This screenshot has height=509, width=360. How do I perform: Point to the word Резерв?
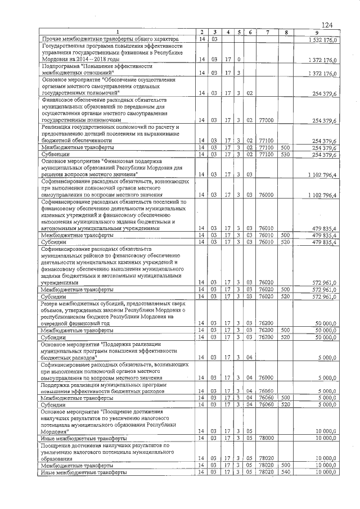point(53,303)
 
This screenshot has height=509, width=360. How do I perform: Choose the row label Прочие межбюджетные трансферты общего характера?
point(110,39)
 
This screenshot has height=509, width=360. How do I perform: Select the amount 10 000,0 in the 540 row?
point(326,472)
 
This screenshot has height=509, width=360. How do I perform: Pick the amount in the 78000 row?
point(326,438)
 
